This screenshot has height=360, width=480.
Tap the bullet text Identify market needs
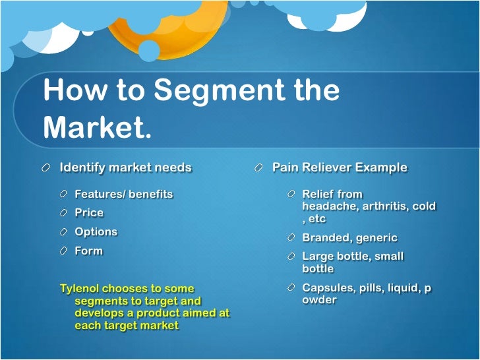coord(125,167)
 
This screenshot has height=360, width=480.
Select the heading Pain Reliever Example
coord(340,167)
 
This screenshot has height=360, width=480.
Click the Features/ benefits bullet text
coord(123,194)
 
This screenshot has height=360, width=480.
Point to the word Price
coord(89,213)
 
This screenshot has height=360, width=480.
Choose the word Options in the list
coord(96,232)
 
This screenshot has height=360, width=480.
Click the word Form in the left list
coord(88,251)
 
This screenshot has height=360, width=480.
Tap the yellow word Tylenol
coord(81,288)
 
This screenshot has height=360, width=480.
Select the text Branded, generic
coord(349,238)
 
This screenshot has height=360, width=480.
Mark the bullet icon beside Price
coord(63,213)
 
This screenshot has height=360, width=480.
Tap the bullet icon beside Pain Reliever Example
coord(260,168)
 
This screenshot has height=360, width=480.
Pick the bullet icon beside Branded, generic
coord(291,237)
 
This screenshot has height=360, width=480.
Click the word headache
coord(328,206)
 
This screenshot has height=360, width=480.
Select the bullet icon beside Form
coord(63,251)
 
